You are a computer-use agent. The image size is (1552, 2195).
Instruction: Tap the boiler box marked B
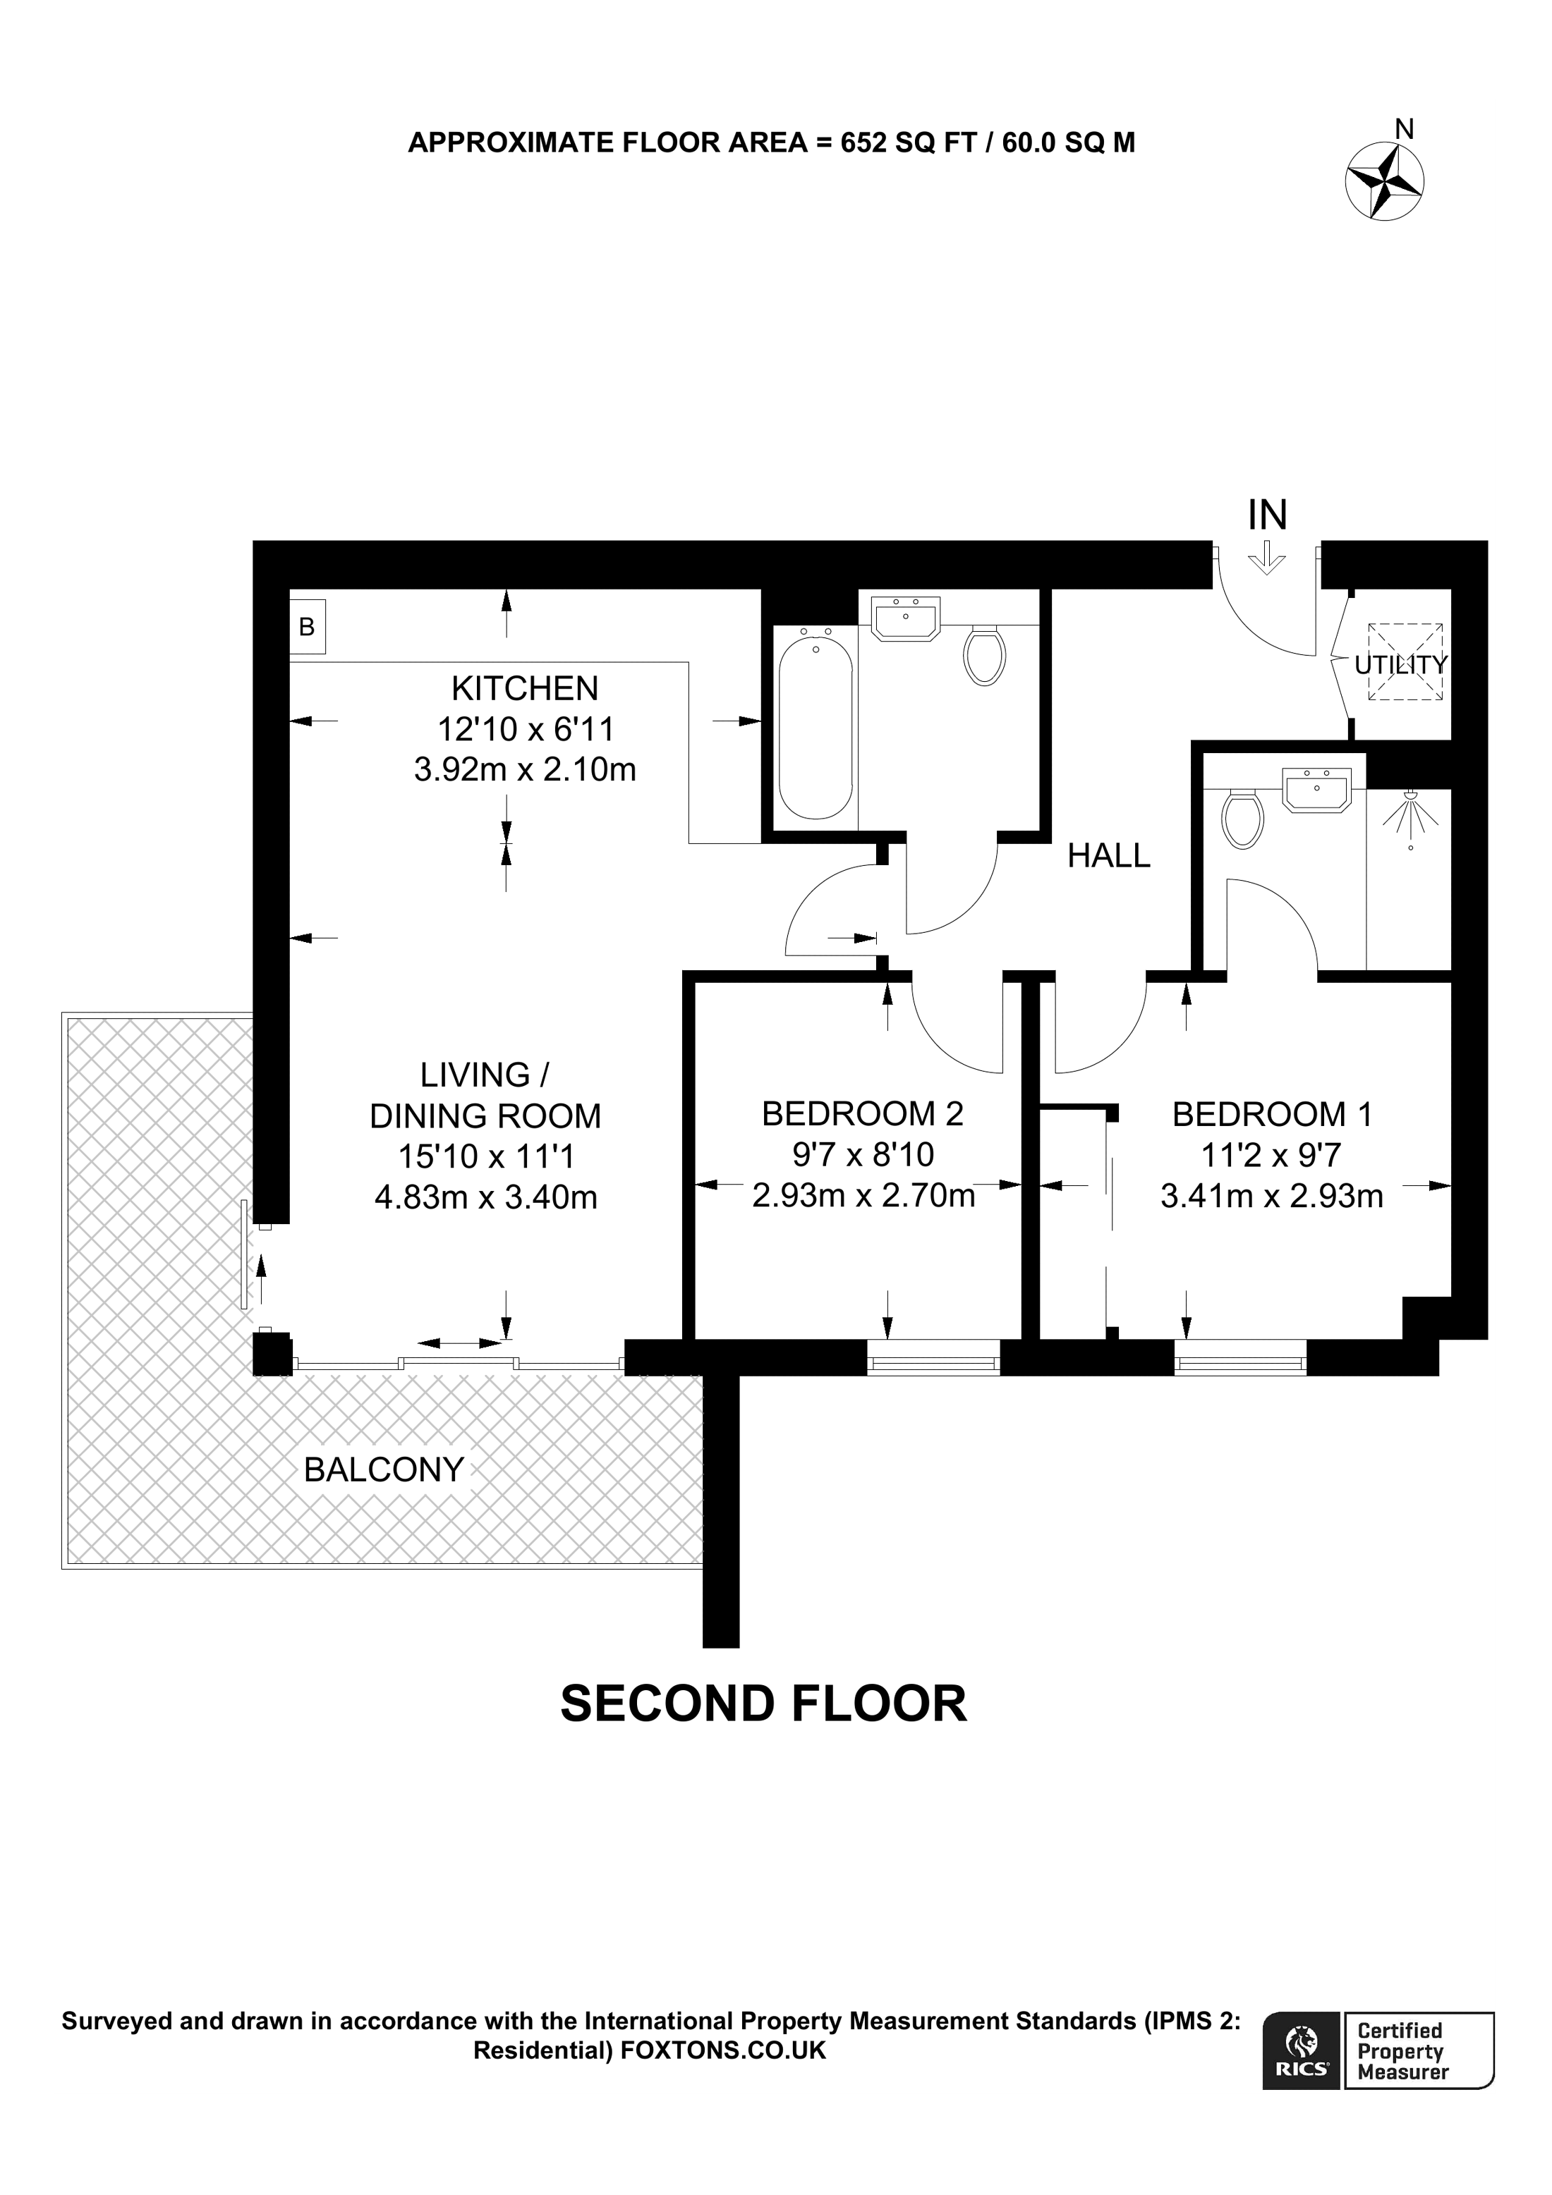click(x=307, y=626)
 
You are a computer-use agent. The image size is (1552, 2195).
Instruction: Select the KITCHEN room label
click(x=525, y=688)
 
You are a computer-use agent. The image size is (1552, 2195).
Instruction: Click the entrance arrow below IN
click(x=1267, y=556)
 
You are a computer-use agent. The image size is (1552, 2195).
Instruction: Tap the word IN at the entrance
click(x=1268, y=515)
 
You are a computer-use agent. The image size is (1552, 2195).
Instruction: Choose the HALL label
click(x=1109, y=855)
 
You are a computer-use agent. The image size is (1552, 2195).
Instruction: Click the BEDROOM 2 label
click(x=863, y=1114)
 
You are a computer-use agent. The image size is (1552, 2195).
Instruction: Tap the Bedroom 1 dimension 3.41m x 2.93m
click(x=1272, y=1196)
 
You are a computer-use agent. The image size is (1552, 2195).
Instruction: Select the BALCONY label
click(x=384, y=1469)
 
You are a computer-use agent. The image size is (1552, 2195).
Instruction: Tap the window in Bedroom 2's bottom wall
click(x=933, y=1357)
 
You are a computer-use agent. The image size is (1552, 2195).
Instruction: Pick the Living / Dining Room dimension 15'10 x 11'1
click(x=486, y=1157)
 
